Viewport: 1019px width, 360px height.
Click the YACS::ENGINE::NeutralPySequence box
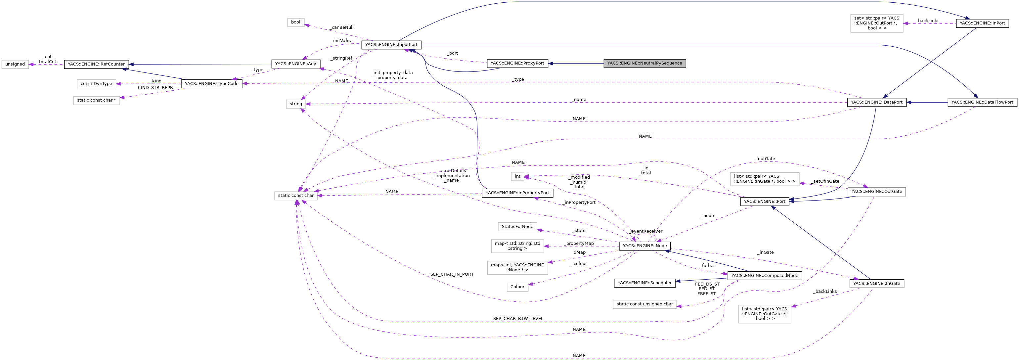(644, 63)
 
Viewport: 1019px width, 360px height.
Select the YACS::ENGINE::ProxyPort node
(517, 63)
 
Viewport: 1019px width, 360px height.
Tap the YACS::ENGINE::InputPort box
(391, 45)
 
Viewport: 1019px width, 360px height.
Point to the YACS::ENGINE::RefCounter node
(96, 64)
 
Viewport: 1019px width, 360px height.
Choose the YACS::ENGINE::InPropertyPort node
(517, 193)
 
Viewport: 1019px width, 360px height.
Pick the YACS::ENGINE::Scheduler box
(644, 283)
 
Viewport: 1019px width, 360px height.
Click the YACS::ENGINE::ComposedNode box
(764, 275)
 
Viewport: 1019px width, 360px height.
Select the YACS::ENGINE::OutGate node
(876, 192)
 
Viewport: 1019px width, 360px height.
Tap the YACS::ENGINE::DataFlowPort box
(982, 102)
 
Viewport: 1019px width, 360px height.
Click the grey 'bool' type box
(295, 22)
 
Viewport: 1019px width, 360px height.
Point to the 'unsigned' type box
(15, 64)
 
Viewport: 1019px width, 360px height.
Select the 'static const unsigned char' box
(644, 304)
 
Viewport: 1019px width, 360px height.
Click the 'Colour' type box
(517, 287)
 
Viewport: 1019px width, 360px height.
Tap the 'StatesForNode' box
(517, 227)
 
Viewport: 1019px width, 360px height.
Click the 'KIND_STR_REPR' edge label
(155, 88)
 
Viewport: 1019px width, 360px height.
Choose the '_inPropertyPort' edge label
(580, 202)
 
